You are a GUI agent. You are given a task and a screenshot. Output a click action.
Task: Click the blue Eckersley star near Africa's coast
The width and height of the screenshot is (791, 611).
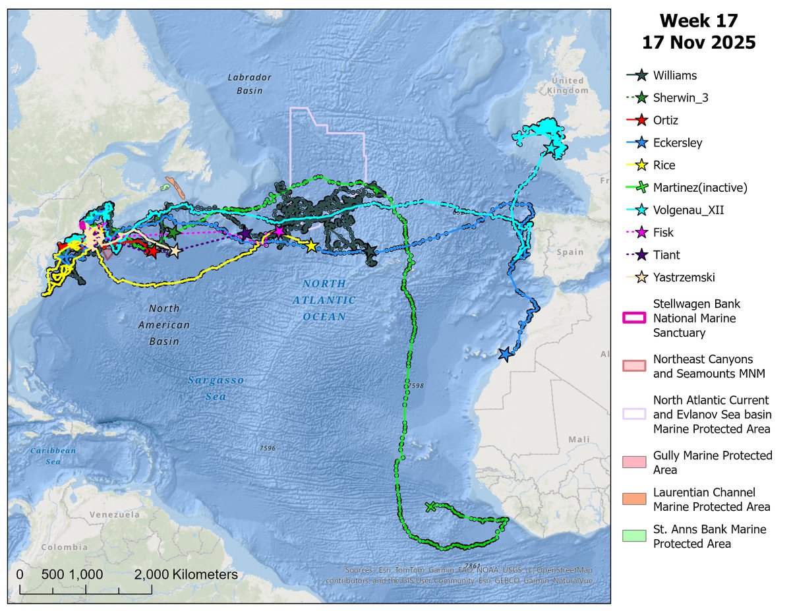point(506,355)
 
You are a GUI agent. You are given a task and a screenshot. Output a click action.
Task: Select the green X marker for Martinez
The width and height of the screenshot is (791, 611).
point(430,507)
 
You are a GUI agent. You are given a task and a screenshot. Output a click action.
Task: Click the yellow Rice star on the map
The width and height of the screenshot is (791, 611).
point(311,246)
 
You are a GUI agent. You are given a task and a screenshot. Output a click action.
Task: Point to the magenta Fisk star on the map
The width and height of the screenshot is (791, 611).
point(279,231)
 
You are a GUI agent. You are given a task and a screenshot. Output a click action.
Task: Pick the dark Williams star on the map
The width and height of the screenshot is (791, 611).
point(370,251)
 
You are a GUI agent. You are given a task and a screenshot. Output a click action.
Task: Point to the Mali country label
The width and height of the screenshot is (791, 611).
point(581,438)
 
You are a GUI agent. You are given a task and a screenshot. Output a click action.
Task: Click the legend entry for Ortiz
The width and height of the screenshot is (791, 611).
point(666,121)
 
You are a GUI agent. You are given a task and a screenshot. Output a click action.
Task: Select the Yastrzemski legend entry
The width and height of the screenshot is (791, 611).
point(684,277)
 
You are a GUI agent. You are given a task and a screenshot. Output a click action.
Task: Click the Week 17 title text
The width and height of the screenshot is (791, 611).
point(700,21)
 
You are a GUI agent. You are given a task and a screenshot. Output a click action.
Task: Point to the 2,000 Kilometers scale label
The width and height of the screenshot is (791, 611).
point(186,575)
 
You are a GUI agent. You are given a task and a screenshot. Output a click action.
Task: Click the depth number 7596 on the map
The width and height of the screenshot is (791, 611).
point(268,448)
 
